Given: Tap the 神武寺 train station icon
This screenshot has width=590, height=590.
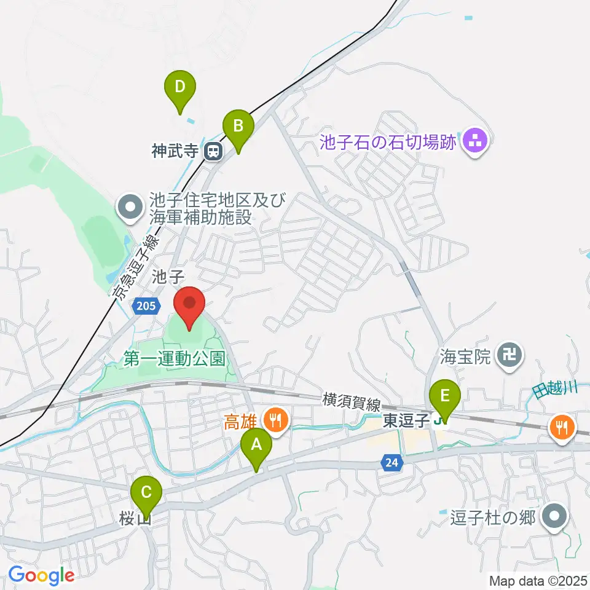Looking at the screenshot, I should (214, 151).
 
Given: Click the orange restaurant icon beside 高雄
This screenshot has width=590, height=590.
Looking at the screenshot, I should (274, 420).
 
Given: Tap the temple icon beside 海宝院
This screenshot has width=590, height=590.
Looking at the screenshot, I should (510, 354).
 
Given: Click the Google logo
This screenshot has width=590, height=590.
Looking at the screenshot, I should (41, 575).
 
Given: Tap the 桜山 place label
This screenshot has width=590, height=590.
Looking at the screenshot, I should (135, 520).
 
